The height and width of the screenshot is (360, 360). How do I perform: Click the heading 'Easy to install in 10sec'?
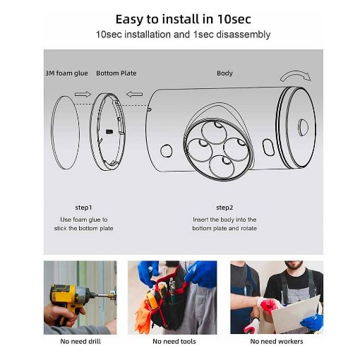183,19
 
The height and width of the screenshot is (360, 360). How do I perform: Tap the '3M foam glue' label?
66,73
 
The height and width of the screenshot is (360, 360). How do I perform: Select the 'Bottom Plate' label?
116,73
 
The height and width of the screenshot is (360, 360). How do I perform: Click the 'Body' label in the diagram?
224,73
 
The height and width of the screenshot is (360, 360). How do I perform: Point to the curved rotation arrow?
295,73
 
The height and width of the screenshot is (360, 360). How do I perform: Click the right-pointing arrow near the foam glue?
83,95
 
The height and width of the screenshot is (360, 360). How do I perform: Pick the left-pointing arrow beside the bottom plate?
134,95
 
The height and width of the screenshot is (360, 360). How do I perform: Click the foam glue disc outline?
51,132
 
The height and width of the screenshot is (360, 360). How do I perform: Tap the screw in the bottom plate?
109,131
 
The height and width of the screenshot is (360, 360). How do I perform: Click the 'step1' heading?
83,208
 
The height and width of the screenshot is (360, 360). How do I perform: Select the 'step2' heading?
224,208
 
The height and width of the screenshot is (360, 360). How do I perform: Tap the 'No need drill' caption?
80,342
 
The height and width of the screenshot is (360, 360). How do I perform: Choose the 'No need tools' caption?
174,342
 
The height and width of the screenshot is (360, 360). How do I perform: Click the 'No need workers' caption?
277,342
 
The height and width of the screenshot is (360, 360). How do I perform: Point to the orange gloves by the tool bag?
143,316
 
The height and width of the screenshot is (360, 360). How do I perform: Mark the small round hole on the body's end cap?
303,128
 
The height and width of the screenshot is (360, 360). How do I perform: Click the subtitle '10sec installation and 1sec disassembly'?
183,35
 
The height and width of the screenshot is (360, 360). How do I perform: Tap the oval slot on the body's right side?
268,148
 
